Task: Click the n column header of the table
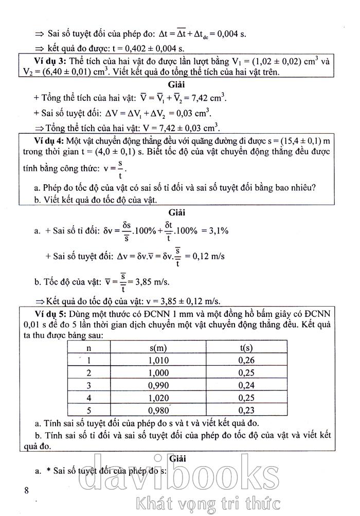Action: (88, 348)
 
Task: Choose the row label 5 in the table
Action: (88, 410)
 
